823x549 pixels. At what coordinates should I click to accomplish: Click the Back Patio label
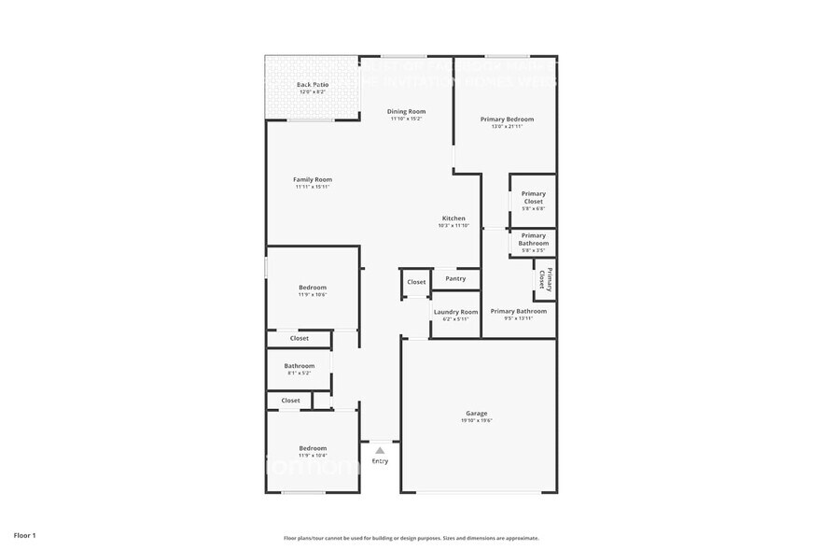tap(313, 85)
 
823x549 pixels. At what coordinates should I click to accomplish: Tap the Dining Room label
tap(406, 111)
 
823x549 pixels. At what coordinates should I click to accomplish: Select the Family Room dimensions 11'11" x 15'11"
tap(313, 187)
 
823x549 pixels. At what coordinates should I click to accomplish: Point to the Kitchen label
tap(453, 218)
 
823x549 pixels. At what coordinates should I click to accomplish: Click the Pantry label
tap(455, 278)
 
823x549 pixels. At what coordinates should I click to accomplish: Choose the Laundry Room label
tap(455, 312)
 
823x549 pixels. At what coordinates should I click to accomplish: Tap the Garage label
tap(476, 414)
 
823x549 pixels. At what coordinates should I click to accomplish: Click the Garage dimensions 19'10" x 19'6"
tap(476, 421)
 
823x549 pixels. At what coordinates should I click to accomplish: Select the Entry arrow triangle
tap(380, 450)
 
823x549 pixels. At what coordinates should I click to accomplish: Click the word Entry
tap(380, 461)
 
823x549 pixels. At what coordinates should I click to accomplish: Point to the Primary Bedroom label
tap(507, 119)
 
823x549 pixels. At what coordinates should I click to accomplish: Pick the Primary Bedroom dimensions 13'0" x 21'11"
tap(507, 126)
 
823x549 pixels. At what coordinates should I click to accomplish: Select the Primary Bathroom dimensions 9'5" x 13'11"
tap(518, 318)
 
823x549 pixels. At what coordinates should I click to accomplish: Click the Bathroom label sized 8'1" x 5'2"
tap(300, 366)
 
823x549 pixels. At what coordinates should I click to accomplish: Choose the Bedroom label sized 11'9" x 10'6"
tap(313, 287)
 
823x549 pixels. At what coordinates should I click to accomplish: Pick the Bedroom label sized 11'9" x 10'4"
tap(313, 448)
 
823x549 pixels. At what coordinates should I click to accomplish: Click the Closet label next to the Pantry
tap(416, 282)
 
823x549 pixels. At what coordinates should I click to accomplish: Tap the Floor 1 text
tap(25, 535)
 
